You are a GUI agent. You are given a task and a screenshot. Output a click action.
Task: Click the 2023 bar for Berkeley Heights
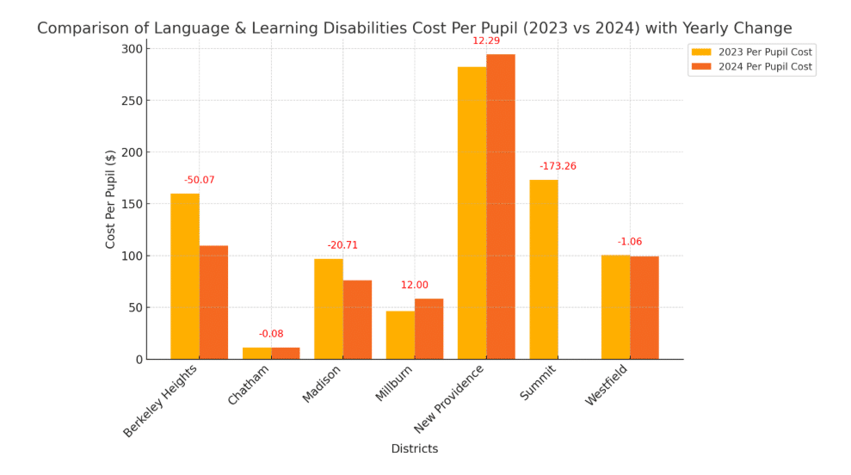coord(185,276)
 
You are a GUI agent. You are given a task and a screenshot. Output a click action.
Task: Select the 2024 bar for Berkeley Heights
coord(213,302)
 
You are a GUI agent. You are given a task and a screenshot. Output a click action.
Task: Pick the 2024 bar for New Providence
coord(501,207)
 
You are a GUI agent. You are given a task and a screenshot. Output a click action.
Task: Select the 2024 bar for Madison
coord(357,319)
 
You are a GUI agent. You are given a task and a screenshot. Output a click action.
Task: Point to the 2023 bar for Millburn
coord(400,335)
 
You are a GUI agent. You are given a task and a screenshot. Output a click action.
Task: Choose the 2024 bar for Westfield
coord(644,307)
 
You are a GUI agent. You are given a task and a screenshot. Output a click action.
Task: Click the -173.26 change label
coord(558,166)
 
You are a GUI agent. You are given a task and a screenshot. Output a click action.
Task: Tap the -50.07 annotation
coord(200,181)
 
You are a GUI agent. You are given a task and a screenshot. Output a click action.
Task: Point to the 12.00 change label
coord(414,286)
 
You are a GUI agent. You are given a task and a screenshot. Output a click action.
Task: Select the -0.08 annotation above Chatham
coord(271,334)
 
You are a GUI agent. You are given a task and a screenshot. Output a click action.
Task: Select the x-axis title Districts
coord(414,449)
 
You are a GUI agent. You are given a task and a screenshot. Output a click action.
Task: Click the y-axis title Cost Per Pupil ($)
coord(110,199)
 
